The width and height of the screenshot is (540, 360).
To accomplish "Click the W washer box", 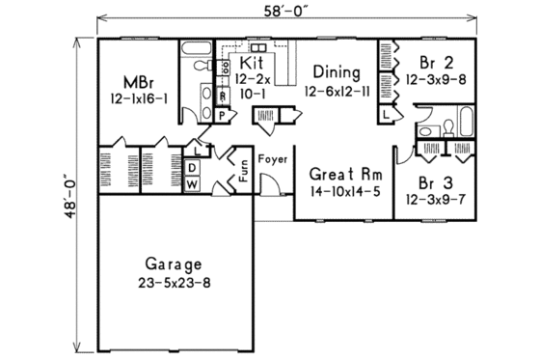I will (191, 183).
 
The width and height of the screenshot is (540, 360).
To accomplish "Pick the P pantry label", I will (221, 114).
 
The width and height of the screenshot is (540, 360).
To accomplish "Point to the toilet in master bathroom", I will (199, 66).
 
